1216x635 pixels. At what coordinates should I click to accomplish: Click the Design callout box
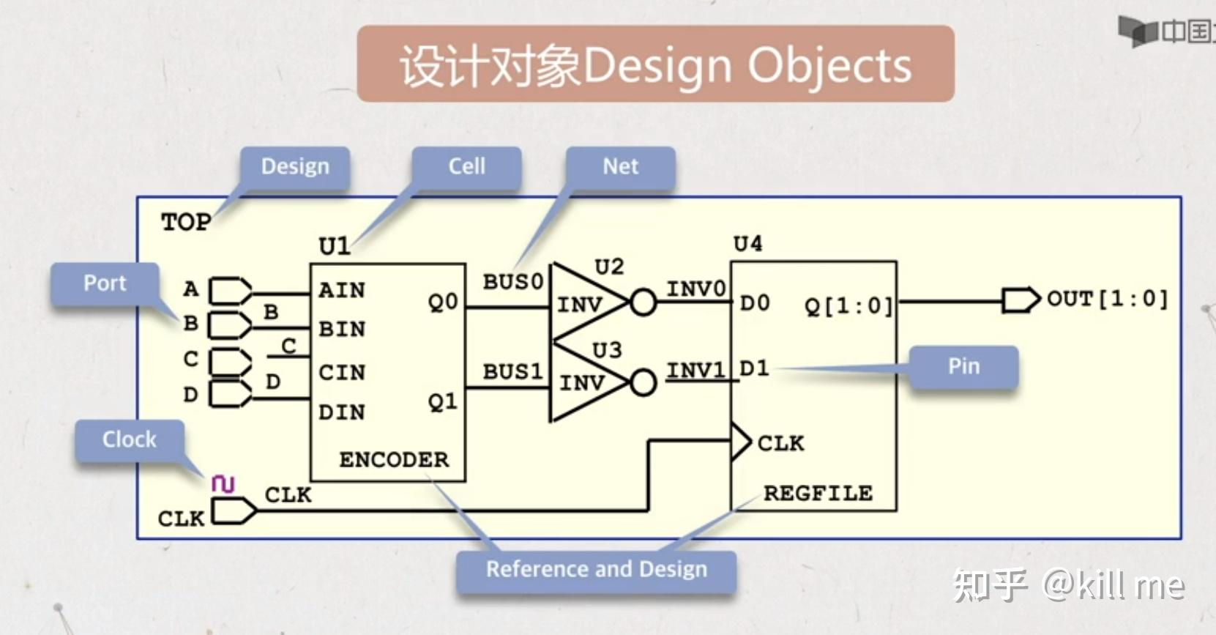tap(295, 167)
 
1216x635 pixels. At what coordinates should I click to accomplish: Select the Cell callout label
tap(467, 167)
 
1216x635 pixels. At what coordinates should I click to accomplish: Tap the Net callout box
tap(621, 167)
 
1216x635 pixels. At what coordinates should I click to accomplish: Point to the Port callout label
tap(105, 283)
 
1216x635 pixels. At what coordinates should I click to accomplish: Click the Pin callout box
tap(963, 367)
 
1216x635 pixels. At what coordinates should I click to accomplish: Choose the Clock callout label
tap(129, 440)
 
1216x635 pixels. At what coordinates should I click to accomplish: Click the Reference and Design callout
tap(596, 571)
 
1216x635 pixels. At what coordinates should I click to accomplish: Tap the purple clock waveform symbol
tap(223, 483)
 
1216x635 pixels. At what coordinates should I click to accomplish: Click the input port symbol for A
tap(231, 291)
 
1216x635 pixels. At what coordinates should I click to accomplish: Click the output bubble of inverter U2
tap(644, 302)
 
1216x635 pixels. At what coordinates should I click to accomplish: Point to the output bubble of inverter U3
tap(644, 383)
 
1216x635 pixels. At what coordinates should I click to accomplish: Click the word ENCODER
tap(394, 460)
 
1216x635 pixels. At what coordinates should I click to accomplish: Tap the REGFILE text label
tap(818, 494)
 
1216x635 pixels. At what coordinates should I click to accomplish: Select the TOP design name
tap(186, 222)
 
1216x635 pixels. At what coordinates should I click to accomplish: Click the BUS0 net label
tap(513, 282)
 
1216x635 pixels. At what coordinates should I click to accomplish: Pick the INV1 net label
tap(696, 371)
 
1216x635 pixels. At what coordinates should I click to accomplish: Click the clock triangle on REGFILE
tap(741, 442)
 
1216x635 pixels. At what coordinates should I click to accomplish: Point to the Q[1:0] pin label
tap(848, 307)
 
